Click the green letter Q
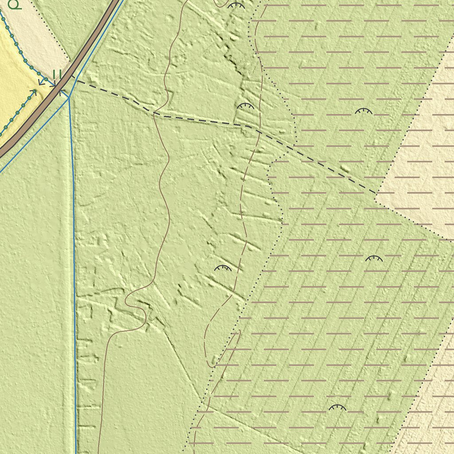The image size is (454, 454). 14,4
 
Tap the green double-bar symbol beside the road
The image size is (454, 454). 57,74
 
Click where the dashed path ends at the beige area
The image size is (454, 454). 376,194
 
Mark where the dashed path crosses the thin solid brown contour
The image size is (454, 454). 153,113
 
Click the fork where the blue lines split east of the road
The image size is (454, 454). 69,98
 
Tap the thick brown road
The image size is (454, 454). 89,49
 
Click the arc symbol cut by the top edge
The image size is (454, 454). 236,6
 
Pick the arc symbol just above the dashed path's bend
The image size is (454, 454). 245,106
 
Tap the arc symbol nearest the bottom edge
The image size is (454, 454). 337,407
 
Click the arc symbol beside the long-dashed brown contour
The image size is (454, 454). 223,268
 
